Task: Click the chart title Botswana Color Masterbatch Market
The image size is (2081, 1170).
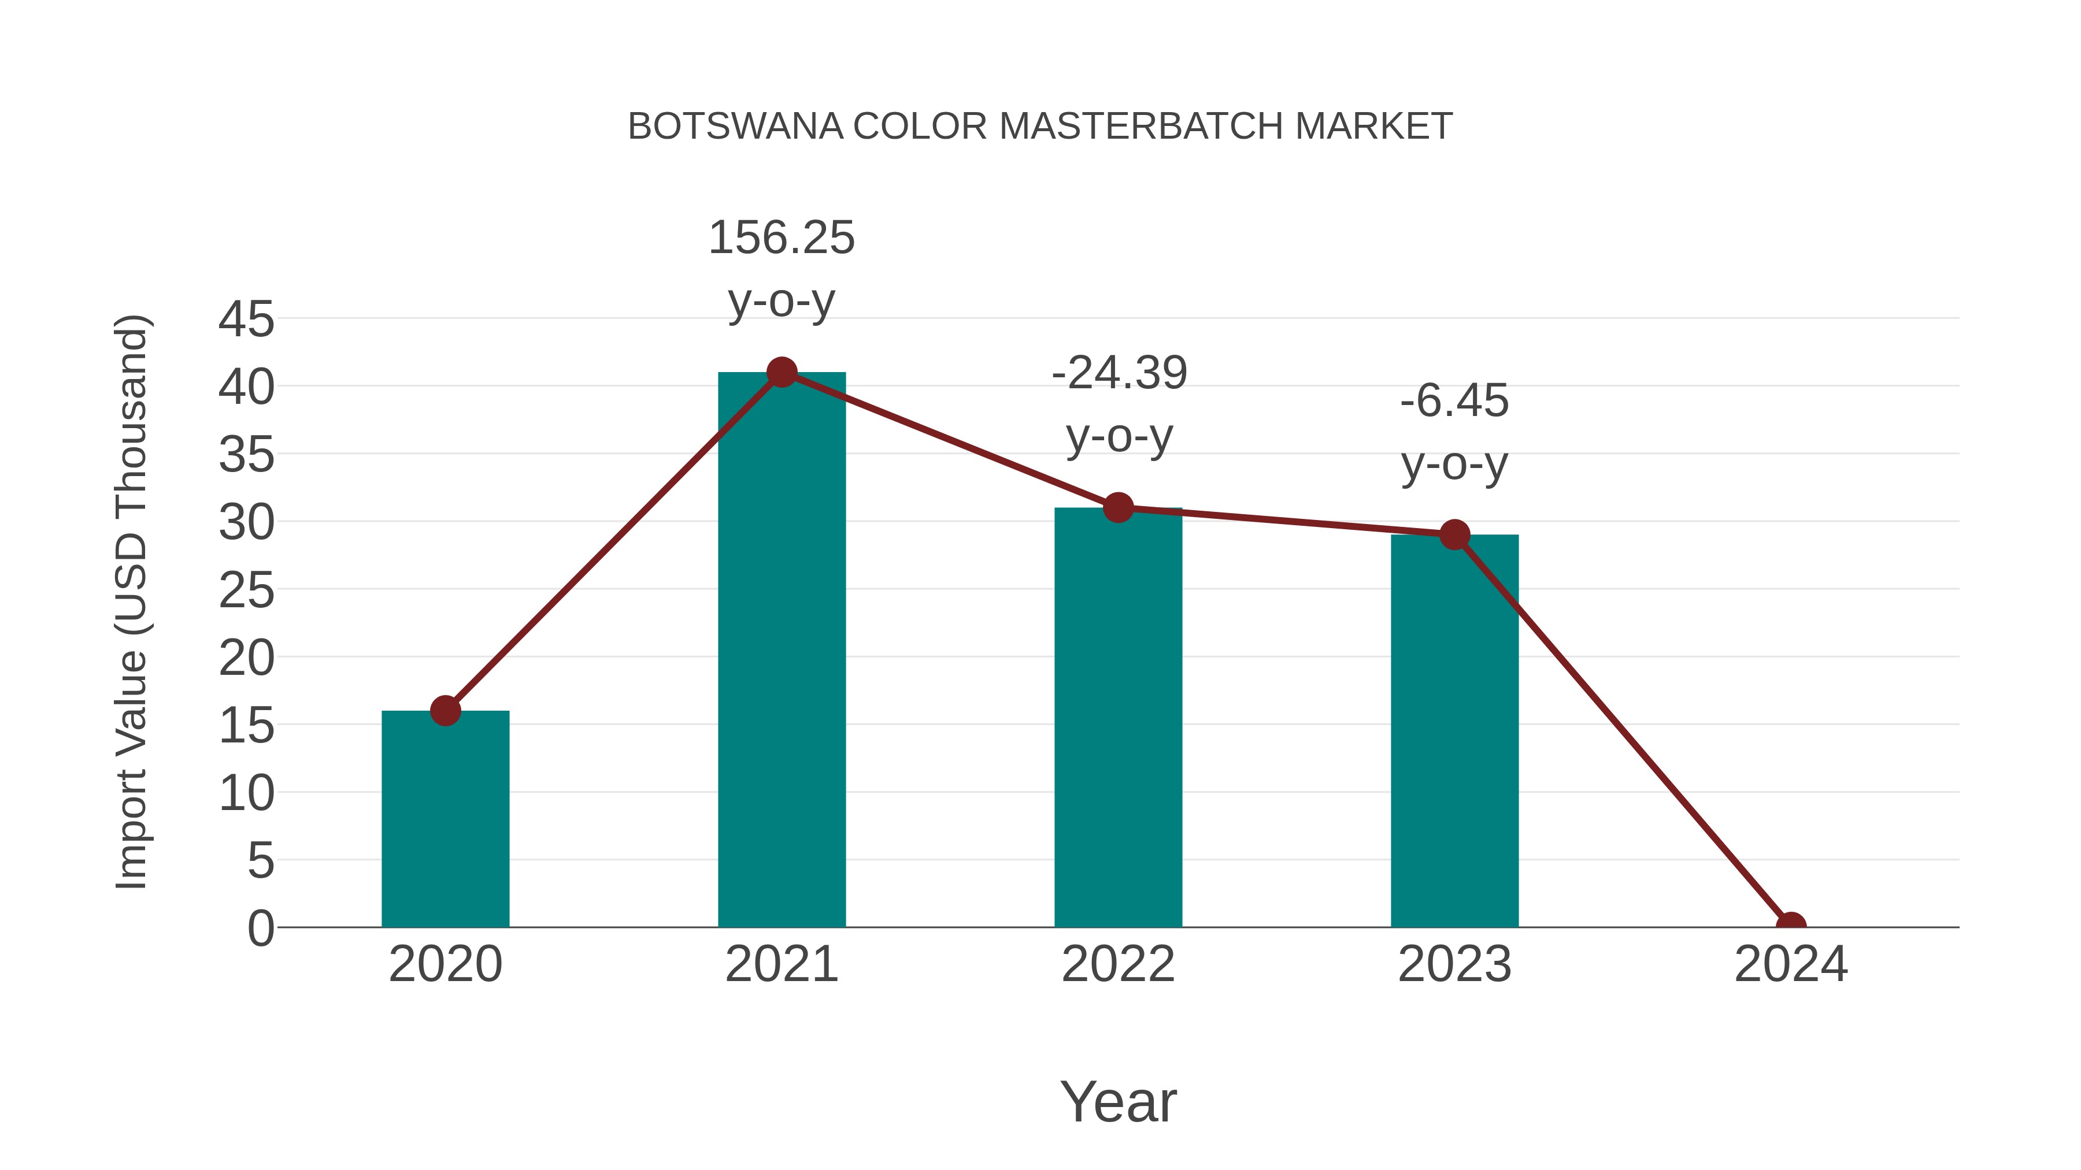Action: point(1040,127)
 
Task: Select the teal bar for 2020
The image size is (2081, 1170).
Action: point(445,819)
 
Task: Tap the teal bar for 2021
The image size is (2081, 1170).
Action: point(781,650)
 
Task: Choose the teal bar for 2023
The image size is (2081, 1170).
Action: point(1454,731)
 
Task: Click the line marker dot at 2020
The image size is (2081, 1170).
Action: point(445,711)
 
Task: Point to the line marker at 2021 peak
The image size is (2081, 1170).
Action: point(781,372)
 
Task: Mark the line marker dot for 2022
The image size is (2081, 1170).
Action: point(1118,508)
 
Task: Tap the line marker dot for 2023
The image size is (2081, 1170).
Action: point(1454,534)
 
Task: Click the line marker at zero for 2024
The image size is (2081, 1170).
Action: point(1790,926)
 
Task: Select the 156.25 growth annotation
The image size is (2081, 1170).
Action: point(781,238)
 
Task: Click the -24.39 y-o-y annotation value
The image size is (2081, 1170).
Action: point(1119,373)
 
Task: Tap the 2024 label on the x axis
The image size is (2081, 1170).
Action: point(1790,964)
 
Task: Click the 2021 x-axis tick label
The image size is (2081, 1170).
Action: point(781,964)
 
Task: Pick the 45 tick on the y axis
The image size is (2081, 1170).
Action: point(246,320)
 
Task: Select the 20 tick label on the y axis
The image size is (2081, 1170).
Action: point(246,658)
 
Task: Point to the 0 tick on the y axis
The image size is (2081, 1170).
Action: point(261,928)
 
